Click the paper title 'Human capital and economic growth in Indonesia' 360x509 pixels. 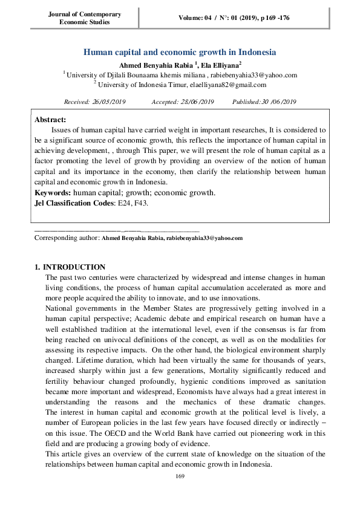(x=179, y=53)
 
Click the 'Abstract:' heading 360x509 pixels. (x=50, y=120)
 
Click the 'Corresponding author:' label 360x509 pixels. (x=67, y=238)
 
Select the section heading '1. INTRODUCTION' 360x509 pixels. (x=70, y=267)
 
